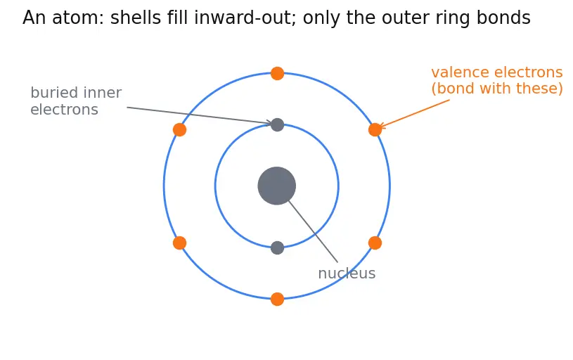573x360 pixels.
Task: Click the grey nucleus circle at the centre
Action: point(276,186)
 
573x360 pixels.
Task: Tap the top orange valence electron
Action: point(278,73)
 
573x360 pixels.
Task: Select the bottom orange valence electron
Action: point(278,299)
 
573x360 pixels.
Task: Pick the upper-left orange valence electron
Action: point(179,130)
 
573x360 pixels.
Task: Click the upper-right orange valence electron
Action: point(375,130)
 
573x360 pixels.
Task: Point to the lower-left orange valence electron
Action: point(179,243)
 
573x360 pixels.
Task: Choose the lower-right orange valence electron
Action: point(375,243)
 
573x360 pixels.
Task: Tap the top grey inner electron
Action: point(278,124)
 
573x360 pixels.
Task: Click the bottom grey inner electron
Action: point(278,247)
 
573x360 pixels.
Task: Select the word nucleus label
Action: point(347,274)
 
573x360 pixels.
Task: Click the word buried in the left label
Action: point(52,93)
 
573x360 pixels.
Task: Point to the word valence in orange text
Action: point(460,72)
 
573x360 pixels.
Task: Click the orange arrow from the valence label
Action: point(414,113)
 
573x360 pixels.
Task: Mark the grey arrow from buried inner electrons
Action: point(199,115)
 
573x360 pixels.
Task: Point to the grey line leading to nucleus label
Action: point(313,231)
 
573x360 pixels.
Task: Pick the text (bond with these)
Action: point(497,89)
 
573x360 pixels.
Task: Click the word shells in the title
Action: point(136,18)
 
